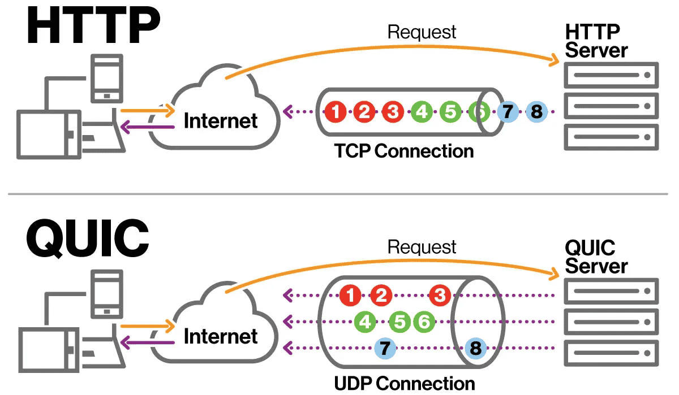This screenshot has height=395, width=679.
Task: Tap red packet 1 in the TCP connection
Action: coord(336,112)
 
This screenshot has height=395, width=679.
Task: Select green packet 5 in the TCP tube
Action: coord(450,112)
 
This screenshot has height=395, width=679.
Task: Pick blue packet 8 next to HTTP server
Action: coord(536,112)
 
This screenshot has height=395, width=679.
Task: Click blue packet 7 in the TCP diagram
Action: coord(508,112)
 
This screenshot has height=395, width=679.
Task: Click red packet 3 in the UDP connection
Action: coord(440,294)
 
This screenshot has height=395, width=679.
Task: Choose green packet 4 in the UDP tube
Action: coord(366,322)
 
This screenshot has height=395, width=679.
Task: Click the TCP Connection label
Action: coord(404,151)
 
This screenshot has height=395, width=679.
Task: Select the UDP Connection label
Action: coord(405,383)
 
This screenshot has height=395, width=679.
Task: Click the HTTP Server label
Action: coord(596,41)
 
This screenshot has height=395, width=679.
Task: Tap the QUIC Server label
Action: coord(596,257)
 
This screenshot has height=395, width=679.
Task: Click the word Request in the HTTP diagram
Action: coord(422,32)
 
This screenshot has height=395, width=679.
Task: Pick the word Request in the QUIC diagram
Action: coord(422,247)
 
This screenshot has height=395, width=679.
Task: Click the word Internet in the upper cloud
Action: coord(221,120)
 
